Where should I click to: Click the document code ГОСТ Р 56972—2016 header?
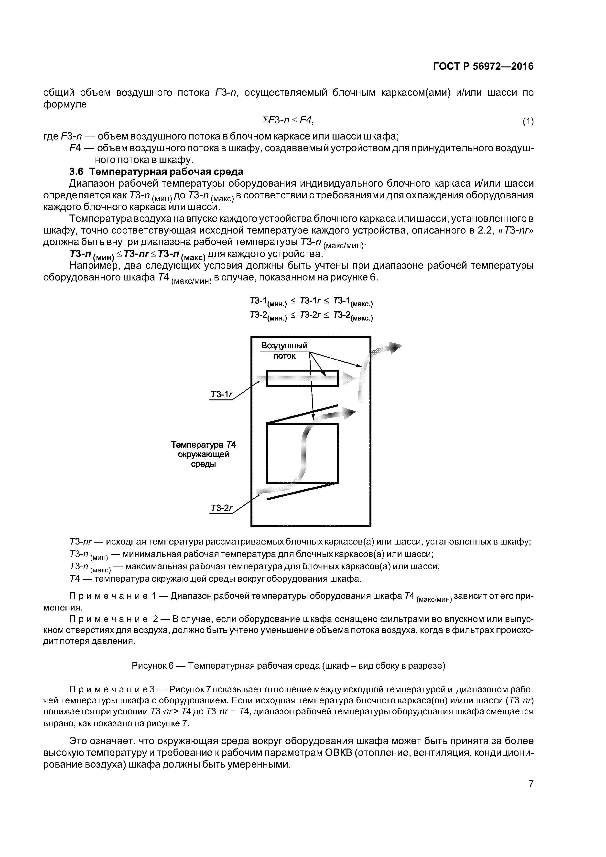click(483, 66)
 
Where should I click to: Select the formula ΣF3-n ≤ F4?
click(288, 120)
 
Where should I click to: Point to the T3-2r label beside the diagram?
click(221, 508)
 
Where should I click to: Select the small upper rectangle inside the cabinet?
click(302, 378)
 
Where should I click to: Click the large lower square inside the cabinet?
click(302, 453)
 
